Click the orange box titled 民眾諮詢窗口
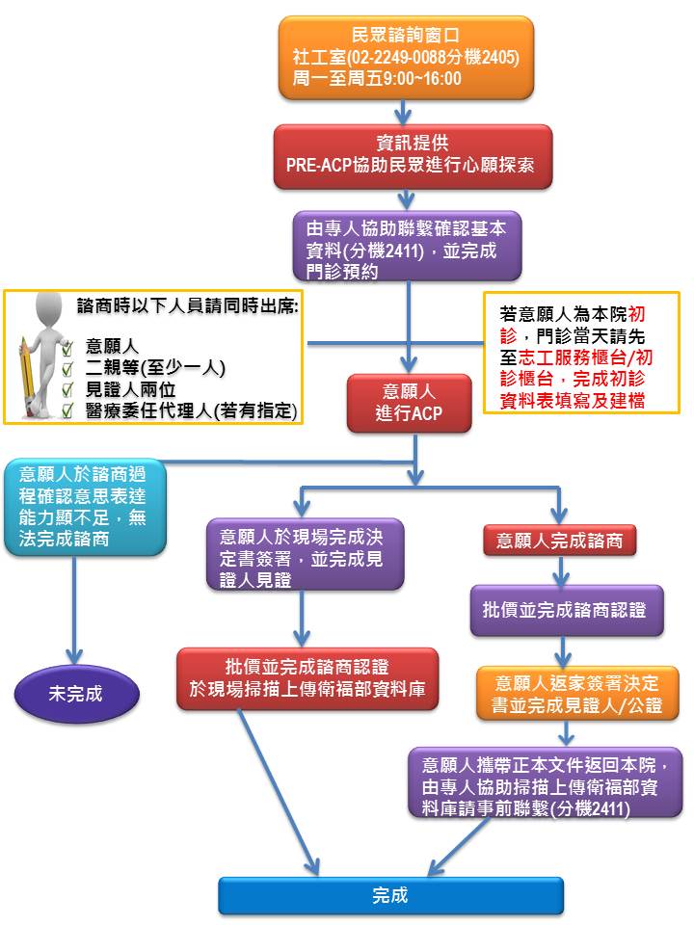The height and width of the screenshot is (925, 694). [406, 57]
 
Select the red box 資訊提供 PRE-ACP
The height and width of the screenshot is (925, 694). [413, 156]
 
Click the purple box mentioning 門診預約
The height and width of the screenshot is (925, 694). [407, 246]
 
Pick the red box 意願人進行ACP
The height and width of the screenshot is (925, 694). [409, 404]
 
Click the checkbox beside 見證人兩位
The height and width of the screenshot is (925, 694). [67, 389]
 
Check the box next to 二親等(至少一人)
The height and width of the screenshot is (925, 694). [67, 368]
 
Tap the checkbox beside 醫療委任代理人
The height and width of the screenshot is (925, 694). [67, 410]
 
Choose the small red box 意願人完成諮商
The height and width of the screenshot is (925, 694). [559, 541]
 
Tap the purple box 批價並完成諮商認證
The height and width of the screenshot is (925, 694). [567, 610]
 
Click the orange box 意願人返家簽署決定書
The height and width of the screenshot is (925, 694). [577, 694]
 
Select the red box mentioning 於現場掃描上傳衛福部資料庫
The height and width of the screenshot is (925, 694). [307, 678]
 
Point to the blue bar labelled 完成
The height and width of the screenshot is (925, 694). [390, 895]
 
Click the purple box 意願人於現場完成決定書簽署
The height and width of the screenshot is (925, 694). [305, 555]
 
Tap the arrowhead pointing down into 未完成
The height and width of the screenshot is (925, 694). [74, 656]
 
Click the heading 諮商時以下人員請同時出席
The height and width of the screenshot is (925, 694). [188, 306]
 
